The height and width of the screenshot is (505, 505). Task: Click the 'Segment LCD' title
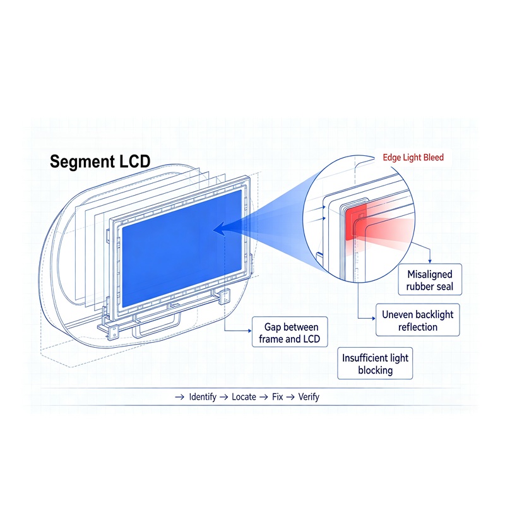pos(100,162)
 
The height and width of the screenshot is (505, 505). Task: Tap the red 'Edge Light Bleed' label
pos(413,157)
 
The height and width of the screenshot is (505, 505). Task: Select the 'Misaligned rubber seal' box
pos(430,280)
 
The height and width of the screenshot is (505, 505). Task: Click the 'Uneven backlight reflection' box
pos(418,320)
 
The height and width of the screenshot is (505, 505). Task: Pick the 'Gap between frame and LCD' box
pos(290,332)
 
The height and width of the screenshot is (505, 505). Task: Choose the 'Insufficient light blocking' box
pos(375,364)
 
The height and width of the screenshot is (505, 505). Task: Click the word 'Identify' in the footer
pos(203,397)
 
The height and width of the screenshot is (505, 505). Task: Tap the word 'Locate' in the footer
pos(244,397)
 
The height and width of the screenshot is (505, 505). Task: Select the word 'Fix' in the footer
pos(277,397)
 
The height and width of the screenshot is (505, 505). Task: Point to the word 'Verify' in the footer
pos(309,397)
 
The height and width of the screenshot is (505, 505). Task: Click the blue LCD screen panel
pos(182,248)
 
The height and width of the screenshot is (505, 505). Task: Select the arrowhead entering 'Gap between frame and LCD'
pos(249,331)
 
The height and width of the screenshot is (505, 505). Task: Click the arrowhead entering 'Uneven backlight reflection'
pos(374,319)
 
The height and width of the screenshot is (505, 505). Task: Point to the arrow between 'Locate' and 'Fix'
pos(263,397)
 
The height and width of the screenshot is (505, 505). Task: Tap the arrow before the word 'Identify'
pos(179,397)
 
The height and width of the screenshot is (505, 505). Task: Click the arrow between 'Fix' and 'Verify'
pos(290,397)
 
